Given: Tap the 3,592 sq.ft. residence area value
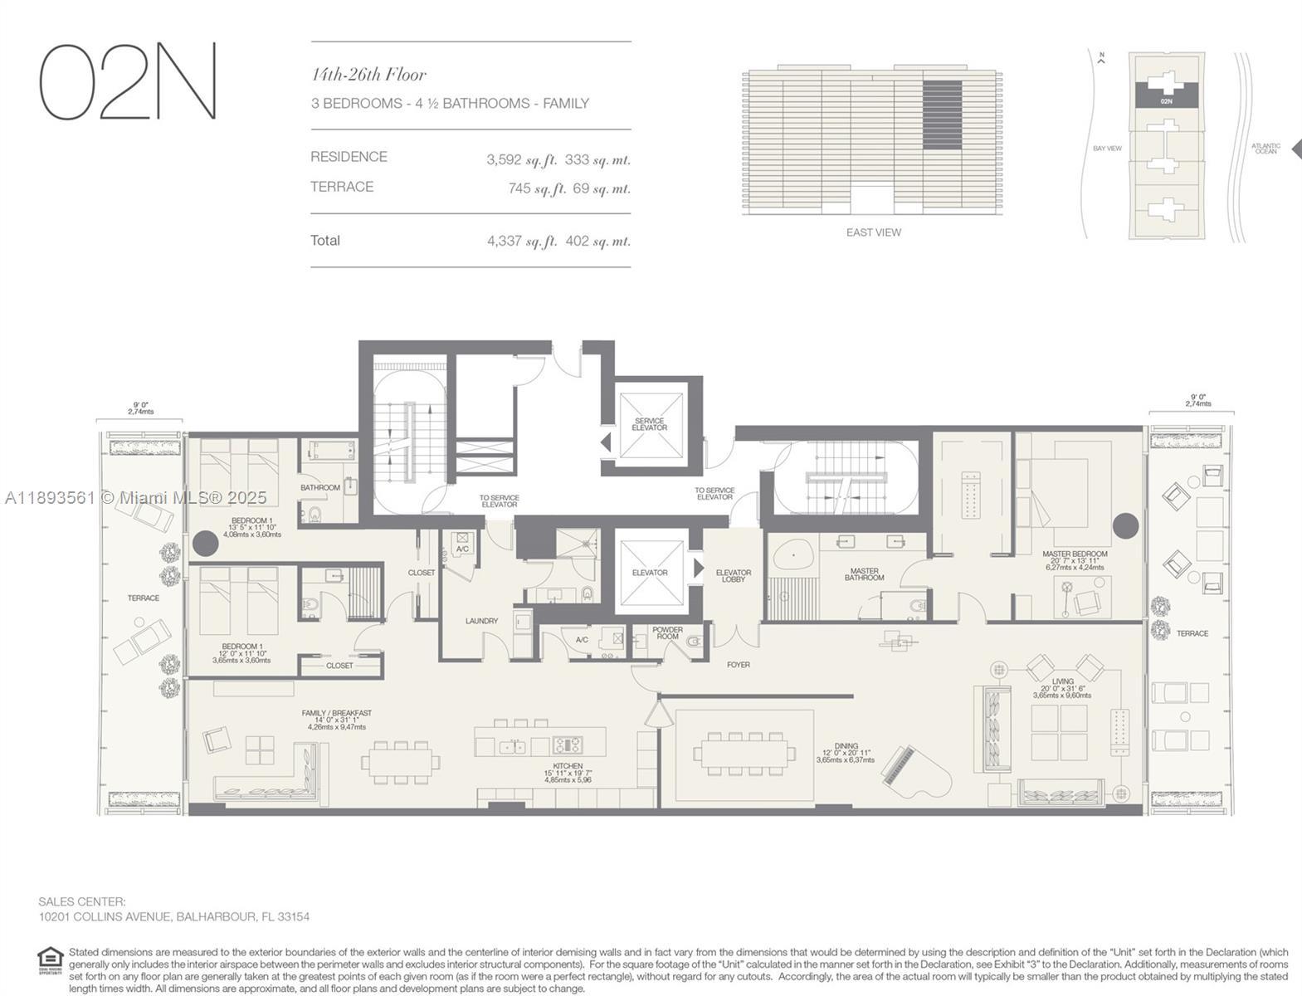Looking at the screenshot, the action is (521, 159).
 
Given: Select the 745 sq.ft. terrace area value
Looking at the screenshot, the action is (537, 188).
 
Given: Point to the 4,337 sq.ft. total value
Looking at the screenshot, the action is (521, 242).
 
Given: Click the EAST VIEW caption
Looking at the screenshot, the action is (873, 232).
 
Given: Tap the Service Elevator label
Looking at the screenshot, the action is (649, 424).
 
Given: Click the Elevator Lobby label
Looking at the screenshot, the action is (733, 576).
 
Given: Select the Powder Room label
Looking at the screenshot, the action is (667, 633).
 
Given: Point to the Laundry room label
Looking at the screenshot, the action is (481, 621).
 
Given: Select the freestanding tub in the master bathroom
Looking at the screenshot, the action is (795, 554).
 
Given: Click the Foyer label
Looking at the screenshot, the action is (738, 665).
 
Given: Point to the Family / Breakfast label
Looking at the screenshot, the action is (336, 713).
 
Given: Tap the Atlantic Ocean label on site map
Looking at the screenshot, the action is (1265, 149).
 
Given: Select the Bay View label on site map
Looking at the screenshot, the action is (1107, 149).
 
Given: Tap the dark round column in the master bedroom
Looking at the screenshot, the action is (1125, 525).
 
